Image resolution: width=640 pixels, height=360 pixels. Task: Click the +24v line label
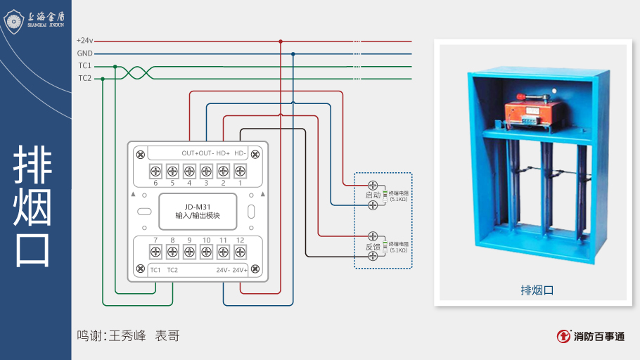pyautogui.click(x=84, y=41)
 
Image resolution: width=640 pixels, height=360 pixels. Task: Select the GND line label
pyautogui.click(x=84, y=53)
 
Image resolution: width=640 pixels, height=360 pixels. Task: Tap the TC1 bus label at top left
pyautogui.click(x=84, y=66)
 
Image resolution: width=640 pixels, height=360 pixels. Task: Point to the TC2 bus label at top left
pyautogui.click(x=84, y=78)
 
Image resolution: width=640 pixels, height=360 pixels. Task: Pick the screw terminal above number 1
pyautogui.click(x=240, y=171)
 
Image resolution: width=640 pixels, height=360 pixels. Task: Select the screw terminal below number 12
pyautogui.click(x=240, y=252)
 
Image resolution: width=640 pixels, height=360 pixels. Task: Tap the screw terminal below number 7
pyautogui.click(x=155, y=252)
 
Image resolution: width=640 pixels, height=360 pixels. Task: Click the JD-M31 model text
pyautogui.click(x=198, y=206)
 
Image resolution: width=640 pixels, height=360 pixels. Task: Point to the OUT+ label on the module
pyautogui.click(x=188, y=153)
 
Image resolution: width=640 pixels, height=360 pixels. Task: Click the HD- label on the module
pyautogui.click(x=240, y=153)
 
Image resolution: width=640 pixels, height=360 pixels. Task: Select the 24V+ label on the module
pyautogui.click(x=241, y=270)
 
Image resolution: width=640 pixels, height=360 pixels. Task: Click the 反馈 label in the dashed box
pyautogui.click(x=373, y=247)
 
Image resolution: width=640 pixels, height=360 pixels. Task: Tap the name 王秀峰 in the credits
pyautogui.click(x=127, y=336)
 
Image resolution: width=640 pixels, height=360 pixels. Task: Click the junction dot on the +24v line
pyautogui.click(x=281, y=41)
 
